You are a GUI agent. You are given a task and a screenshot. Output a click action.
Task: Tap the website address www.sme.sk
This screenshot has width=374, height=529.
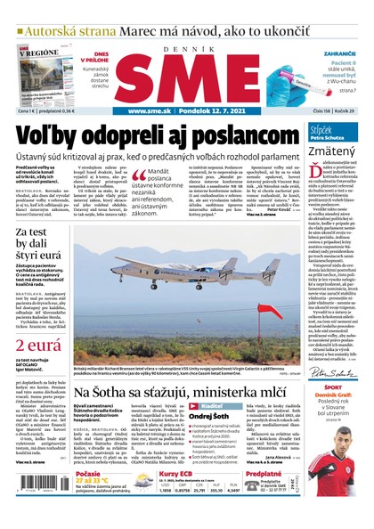pyautogui.click(x=150, y=111)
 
